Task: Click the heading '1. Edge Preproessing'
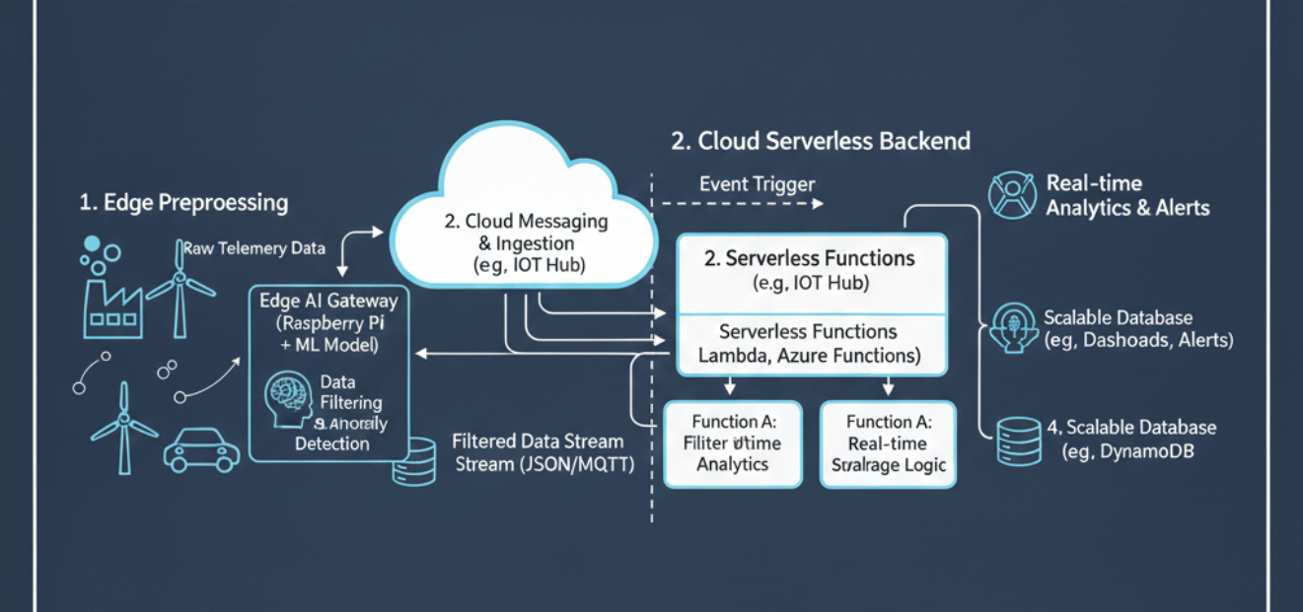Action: (183, 203)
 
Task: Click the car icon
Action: (201, 448)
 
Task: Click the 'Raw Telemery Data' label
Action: (253, 248)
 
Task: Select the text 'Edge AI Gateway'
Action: (327, 301)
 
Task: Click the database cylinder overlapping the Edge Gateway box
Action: (414, 461)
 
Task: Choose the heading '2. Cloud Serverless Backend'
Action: (821, 141)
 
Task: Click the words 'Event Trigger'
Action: (757, 184)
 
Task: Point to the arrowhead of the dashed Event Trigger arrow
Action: (818, 204)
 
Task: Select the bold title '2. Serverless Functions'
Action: (810, 259)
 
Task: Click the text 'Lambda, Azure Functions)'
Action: (810, 356)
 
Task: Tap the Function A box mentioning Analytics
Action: (732, 442)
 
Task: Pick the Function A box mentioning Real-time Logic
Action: (889, 442)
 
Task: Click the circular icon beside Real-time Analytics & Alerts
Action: (1009, 194)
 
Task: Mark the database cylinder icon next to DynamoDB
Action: (1019, 441)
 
